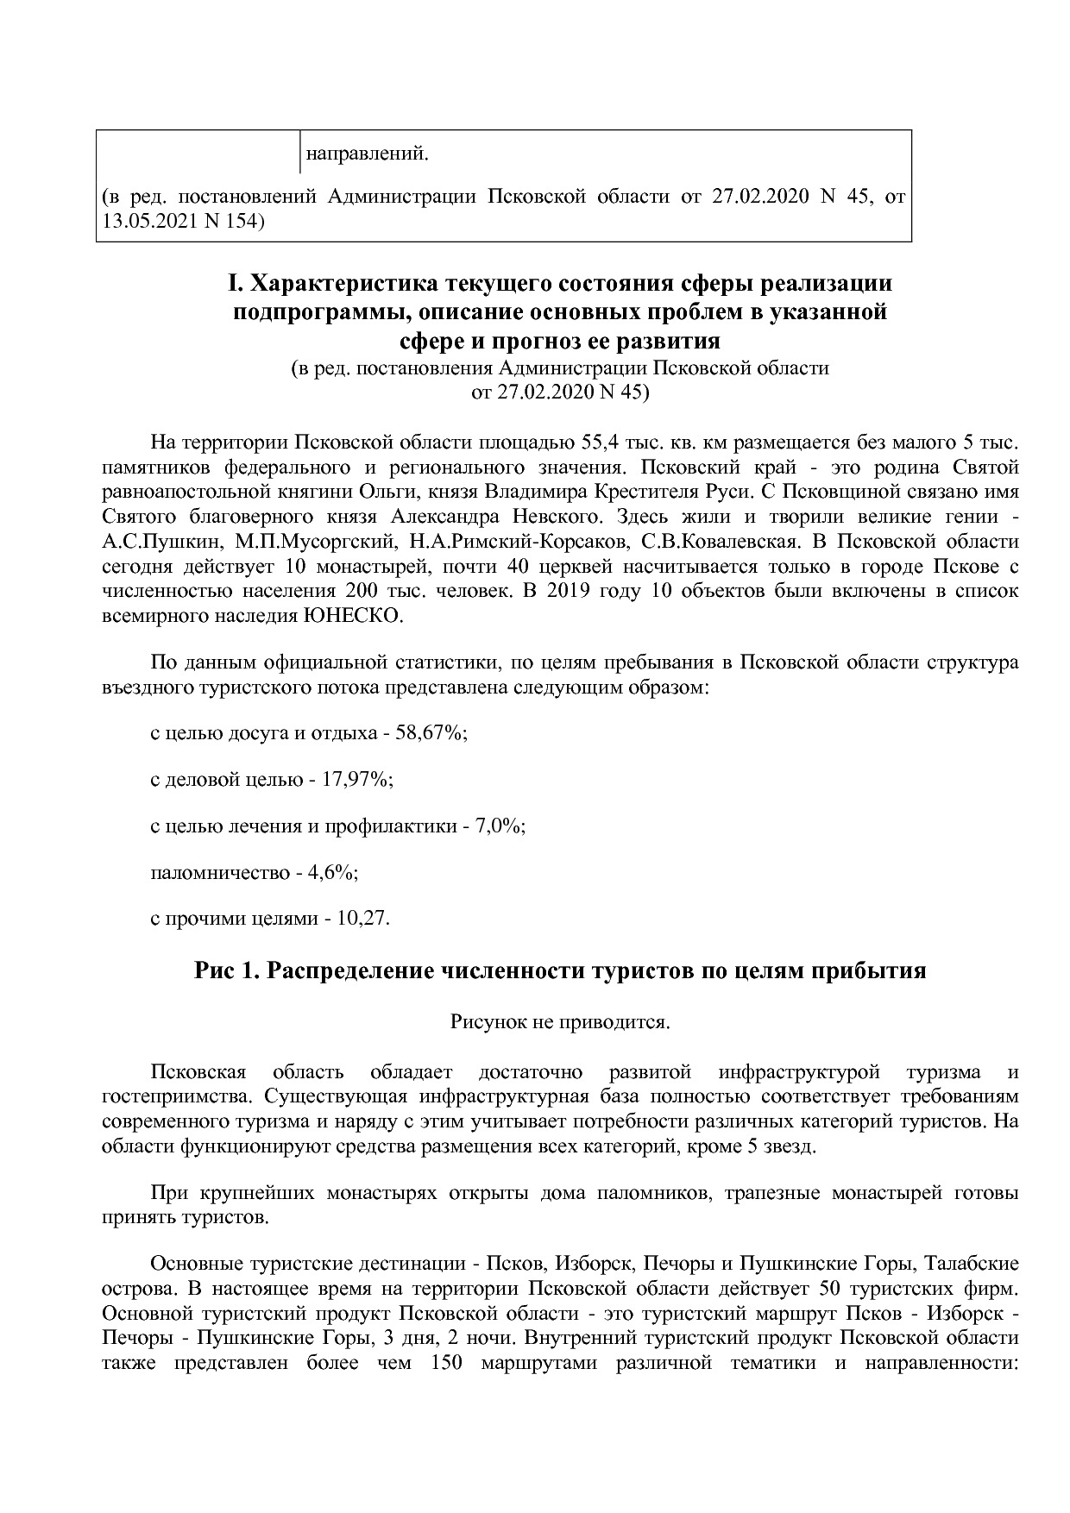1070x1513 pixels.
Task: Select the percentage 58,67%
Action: [431, 733]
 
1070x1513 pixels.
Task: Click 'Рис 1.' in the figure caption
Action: [227, 971]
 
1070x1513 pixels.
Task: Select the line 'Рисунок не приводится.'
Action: [560, 1022]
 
